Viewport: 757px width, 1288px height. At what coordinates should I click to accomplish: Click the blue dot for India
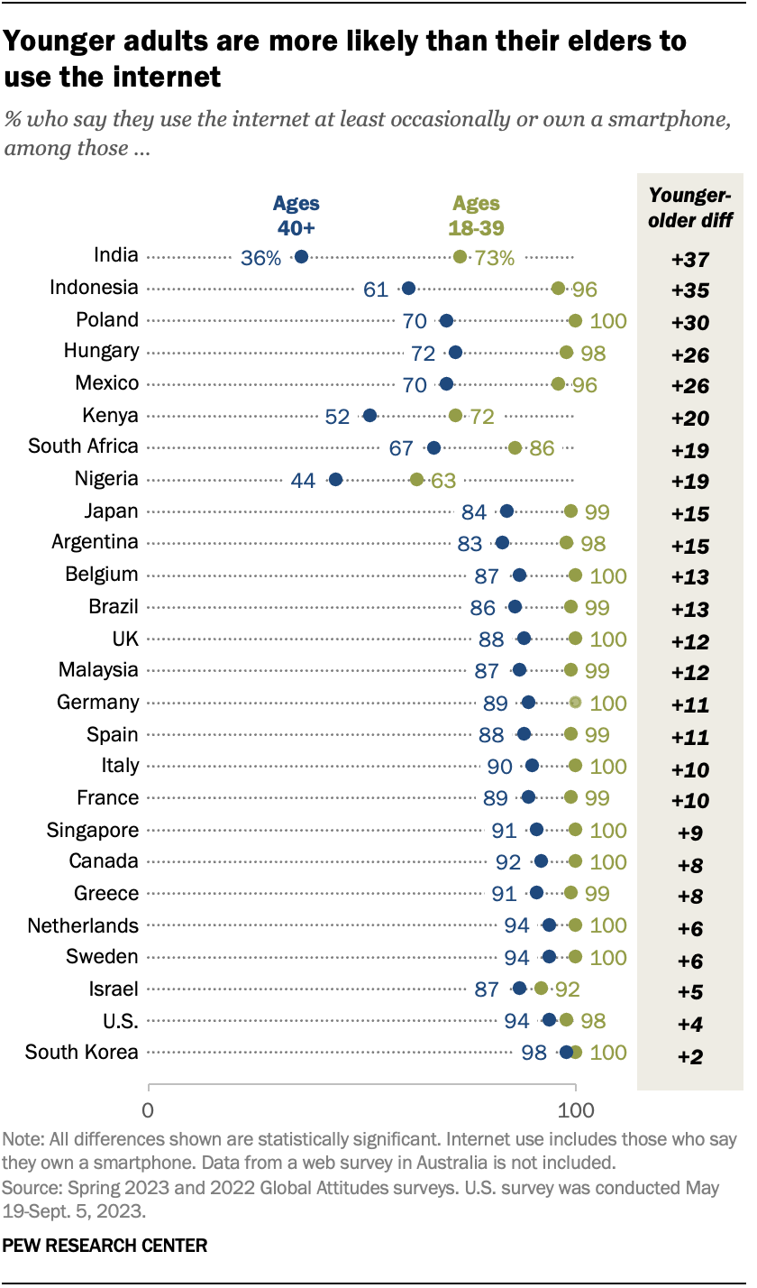(x=301, y=257)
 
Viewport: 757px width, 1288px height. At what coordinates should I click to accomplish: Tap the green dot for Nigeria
(x=416, y=480)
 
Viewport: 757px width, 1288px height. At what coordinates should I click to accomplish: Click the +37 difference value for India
(x=691, y=260)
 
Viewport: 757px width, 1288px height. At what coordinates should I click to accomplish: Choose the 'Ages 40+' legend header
(x=296, y=215)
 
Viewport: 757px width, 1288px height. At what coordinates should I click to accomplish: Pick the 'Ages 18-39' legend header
(x=476, y=215)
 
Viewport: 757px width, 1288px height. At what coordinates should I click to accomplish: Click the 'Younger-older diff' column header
(x=691, y=207)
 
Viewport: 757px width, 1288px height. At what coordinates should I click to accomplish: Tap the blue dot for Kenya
(x=369, y=416)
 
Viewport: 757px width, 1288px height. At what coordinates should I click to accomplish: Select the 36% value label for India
(x=261, y=258)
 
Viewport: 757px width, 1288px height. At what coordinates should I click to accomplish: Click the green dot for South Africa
(x=515, y=447)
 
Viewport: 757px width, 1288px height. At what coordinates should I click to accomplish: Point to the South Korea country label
(x=82, y=1052)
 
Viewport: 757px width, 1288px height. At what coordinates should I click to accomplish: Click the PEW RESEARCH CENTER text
(x=105, y=1246)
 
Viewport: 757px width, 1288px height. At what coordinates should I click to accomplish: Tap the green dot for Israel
(x=541, y=989)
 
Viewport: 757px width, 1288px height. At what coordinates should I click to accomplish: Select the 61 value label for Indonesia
(x=376, y=290)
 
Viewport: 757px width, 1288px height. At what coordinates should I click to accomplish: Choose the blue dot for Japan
(x=506, y=511)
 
